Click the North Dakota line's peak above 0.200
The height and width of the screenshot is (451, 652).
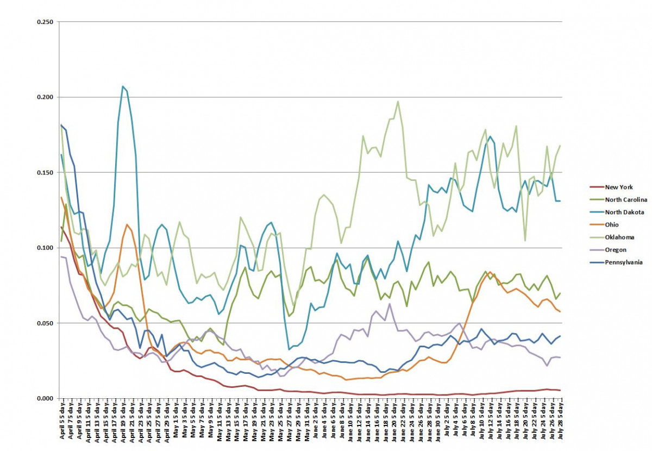click(x=123, y=86)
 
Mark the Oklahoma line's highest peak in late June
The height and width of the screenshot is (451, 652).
click(x=398, y=101)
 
